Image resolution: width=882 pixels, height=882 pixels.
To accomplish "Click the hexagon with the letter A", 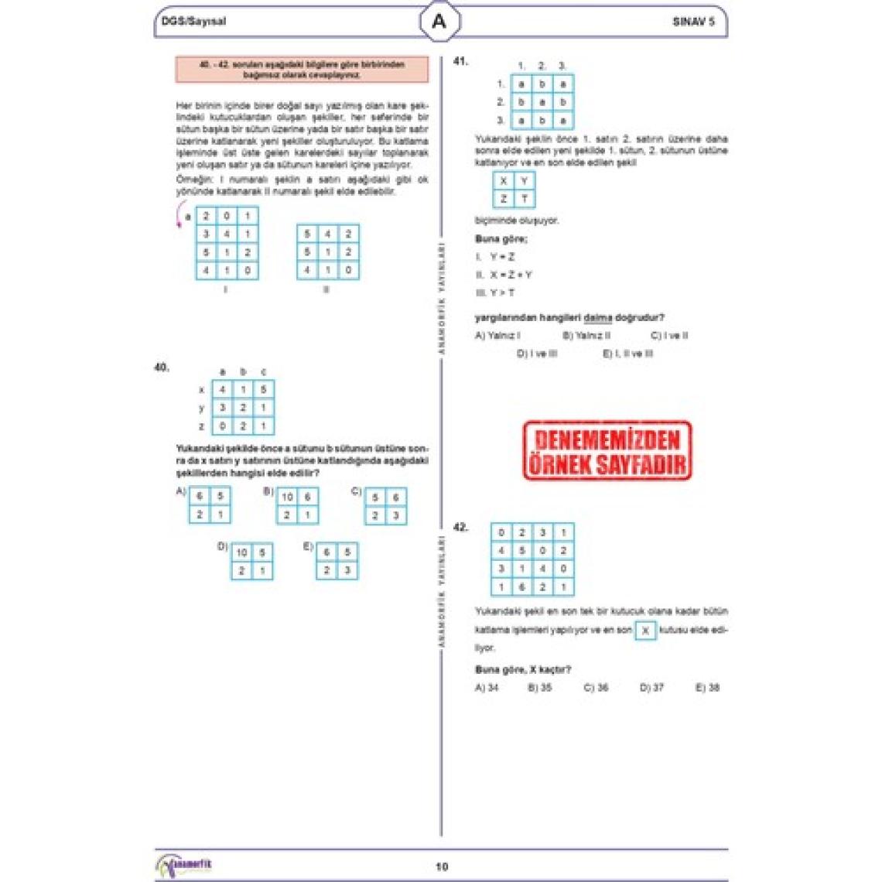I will click(x=439, y=22).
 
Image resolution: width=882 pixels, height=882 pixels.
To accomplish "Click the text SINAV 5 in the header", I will click(x=693, y=22).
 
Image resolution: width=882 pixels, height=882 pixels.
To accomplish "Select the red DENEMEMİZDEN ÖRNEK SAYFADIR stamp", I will click(x=607, y=451).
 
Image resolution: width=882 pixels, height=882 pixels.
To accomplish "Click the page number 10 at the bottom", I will click(x=441, y=867).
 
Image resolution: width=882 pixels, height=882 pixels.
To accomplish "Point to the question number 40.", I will click(x=162, y=367).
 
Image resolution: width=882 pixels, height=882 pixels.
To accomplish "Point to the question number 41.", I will click(x=460, y=61).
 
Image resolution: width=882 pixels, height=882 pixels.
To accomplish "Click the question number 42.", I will click(x=460, y=528).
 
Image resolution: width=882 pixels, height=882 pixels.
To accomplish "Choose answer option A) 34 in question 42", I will click(x=487, y=687).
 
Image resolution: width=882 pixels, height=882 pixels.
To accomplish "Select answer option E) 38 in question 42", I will click(x=707, y=687).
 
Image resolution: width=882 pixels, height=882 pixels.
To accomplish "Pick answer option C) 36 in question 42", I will click(x=596, y=687).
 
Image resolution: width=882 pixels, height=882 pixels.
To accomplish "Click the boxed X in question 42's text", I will click(x=645, y=631).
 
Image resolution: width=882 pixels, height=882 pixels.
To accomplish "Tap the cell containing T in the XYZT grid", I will click(x=525, y=199).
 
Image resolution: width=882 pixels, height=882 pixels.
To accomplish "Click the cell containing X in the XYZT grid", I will click(x=504, y=181).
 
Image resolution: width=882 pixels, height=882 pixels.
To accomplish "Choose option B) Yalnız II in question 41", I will click(x=586, y=336).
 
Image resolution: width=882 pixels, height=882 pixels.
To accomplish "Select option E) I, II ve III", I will click(x=627, y=354).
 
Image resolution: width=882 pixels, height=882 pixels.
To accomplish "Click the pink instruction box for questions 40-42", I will click(x=302, y=70).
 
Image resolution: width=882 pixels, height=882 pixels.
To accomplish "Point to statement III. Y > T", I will click(x=495, y=292).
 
